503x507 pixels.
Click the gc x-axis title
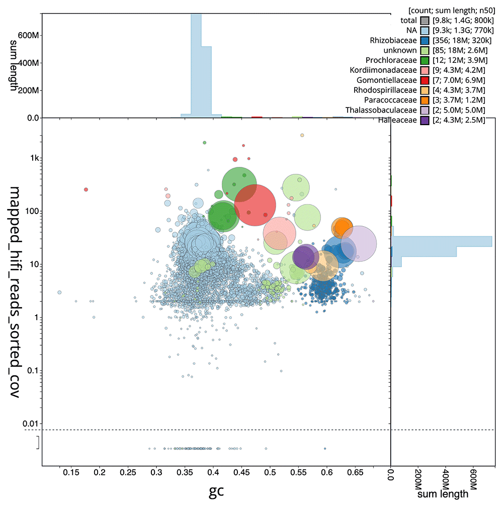click(216, 491)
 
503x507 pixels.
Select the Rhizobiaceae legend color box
click(425, 40)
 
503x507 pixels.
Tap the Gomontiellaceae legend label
click(386, 80)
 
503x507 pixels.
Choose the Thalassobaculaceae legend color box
click(425, 110)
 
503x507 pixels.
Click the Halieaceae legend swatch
click(425, 120)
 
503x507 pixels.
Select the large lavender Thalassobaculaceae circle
click(359, 244)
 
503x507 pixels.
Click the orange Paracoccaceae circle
click(343, 228)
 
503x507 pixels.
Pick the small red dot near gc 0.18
click(86, 189)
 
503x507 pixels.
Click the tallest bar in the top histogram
click(196, 65)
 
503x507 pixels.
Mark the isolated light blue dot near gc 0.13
click(59, 292)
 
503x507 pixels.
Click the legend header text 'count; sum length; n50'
click(445, 11)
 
